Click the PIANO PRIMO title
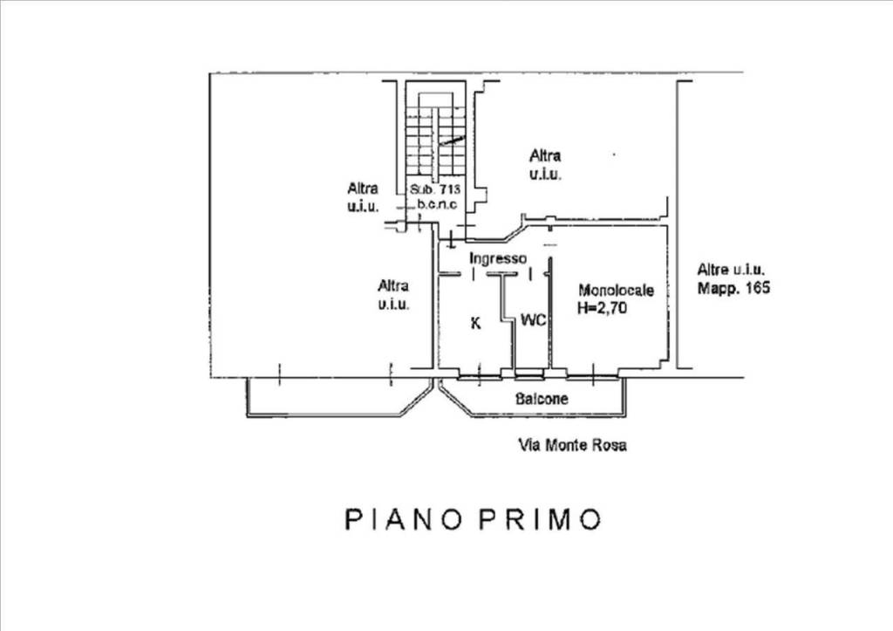tap(473, 519)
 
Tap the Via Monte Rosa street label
tap(572, 444)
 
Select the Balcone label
tap(542, 399)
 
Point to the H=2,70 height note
tap(602, 308)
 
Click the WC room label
tap(534, 320)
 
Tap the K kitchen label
tap(475, 323)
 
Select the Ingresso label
tap(498, 259)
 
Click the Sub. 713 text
tap(435, 189)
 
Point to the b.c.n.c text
tap(437, 204)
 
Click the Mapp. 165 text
tap(733, 287)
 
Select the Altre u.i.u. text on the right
tap(732, 269)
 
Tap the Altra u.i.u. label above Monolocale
tap(545, 164)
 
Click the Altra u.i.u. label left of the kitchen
tap(393, 294)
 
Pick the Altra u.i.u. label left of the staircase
tap(363, 196)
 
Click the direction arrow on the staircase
tap(453, 141)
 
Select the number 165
tap(756, 287)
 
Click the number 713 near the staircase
tap(450, 189)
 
